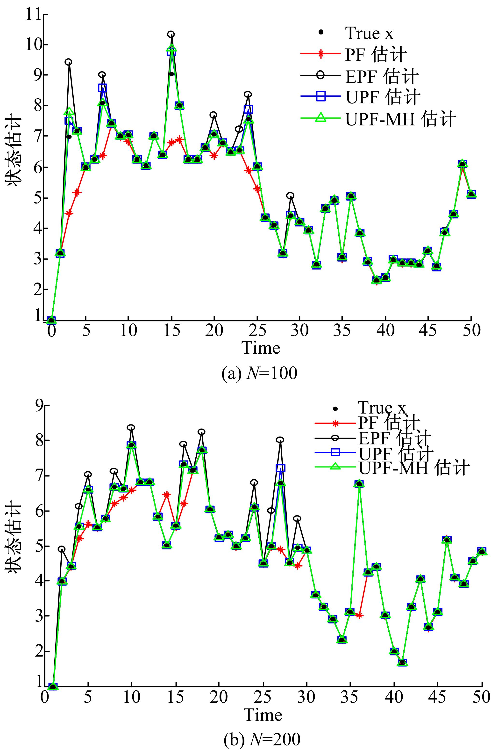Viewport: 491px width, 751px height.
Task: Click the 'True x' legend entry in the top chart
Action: click(x=369, y=33)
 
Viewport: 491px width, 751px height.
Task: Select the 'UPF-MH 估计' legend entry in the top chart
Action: click(x=400, y=119)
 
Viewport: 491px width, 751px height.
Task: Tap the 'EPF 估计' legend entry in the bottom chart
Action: click(x=394, y=438)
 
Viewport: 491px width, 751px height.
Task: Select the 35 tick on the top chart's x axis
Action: click(x=342, y=331)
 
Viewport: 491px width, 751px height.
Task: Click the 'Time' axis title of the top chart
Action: click(x=261, y=348)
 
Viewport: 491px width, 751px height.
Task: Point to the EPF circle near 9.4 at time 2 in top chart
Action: click(x=68, y=62)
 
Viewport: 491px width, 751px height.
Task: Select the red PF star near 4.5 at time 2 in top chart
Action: click(x=69, y=213)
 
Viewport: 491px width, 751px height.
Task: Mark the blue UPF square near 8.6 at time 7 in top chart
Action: click(x=102, y=88)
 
